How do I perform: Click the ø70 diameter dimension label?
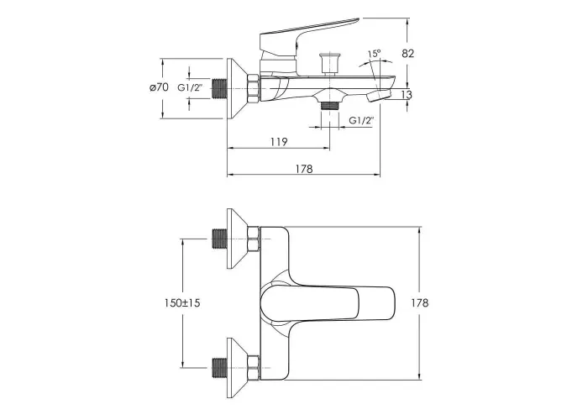(x=159, y=87)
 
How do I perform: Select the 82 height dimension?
(x=407, y=53)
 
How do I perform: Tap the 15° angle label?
(x=374, y=54)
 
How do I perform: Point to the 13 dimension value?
(x=406, y=94)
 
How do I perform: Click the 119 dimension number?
(x=279, y=142)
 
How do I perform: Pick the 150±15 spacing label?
(x=182, y=302)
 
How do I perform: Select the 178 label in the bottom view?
(x=420, y=302)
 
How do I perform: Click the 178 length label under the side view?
(x=304, y=169)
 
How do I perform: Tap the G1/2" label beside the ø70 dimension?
(x=190, y=87)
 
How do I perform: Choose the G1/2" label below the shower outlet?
(x=362, y=120)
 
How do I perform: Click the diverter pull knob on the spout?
(x=329, y=64)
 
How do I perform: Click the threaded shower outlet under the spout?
(x=329, y=105)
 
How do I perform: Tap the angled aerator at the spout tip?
(x=379, y=95)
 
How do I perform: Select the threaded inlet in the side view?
(x=219, y=88)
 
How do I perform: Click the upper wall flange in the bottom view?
(x=237, y=239)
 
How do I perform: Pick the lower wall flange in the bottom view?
(x=237, y=368)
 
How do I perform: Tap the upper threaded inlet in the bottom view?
(x=219, y=239)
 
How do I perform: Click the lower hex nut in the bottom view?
(x=254, y=368)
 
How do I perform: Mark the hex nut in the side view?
(x=254, y=88)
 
